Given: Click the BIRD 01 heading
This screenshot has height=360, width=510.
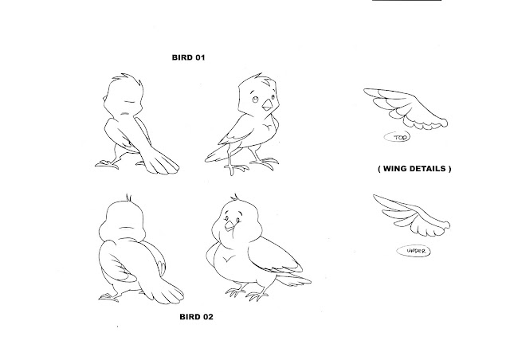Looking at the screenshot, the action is click(188, 57).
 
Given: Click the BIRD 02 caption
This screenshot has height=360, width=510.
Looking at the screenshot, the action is click(197, 317).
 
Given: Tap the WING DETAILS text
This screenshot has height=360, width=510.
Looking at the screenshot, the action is click(414, 169).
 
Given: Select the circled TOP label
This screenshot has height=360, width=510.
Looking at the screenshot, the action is click(397, 137).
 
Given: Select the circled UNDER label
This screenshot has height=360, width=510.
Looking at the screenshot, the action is click(414, 251).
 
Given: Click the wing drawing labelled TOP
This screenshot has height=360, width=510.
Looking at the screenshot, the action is click(406, 109).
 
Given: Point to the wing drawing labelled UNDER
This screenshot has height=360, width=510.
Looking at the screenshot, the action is click(412, 215).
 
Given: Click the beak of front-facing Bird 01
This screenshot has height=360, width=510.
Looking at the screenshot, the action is click(268, 104).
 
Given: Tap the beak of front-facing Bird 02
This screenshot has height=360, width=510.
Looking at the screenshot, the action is click(230, 225).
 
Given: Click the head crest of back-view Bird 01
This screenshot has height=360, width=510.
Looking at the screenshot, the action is click(127, 80).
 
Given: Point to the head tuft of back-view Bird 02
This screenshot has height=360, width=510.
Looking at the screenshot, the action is click(129, 198).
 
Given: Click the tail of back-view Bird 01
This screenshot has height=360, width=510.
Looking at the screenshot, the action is click(159, 159).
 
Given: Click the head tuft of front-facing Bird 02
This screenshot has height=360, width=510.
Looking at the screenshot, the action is click(235, 197).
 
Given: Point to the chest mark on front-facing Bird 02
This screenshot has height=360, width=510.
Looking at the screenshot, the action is click(229, 259).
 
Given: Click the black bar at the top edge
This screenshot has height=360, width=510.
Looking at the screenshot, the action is click(406, 0).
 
